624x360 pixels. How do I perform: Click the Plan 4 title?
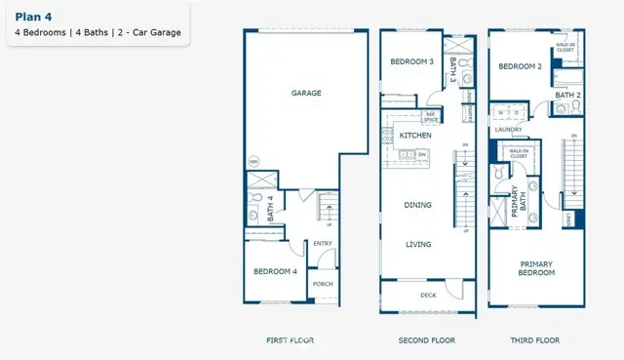32,16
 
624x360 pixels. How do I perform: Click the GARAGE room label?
306,94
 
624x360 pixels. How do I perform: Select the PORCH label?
323,284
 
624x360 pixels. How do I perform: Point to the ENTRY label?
323,244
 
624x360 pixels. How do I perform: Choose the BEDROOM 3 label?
411,61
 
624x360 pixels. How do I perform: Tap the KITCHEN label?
416,136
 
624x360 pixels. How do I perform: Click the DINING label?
418,205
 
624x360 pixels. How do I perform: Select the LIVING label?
418,244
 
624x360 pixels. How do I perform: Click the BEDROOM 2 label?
520,67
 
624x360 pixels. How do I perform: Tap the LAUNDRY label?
509,129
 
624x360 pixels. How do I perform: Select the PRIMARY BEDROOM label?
537,268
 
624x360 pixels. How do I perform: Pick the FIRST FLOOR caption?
290,340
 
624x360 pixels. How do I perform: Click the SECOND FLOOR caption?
427,340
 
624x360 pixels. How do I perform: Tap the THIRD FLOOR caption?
535,340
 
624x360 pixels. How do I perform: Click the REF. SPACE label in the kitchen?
430,117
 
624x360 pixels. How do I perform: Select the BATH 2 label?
567,95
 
